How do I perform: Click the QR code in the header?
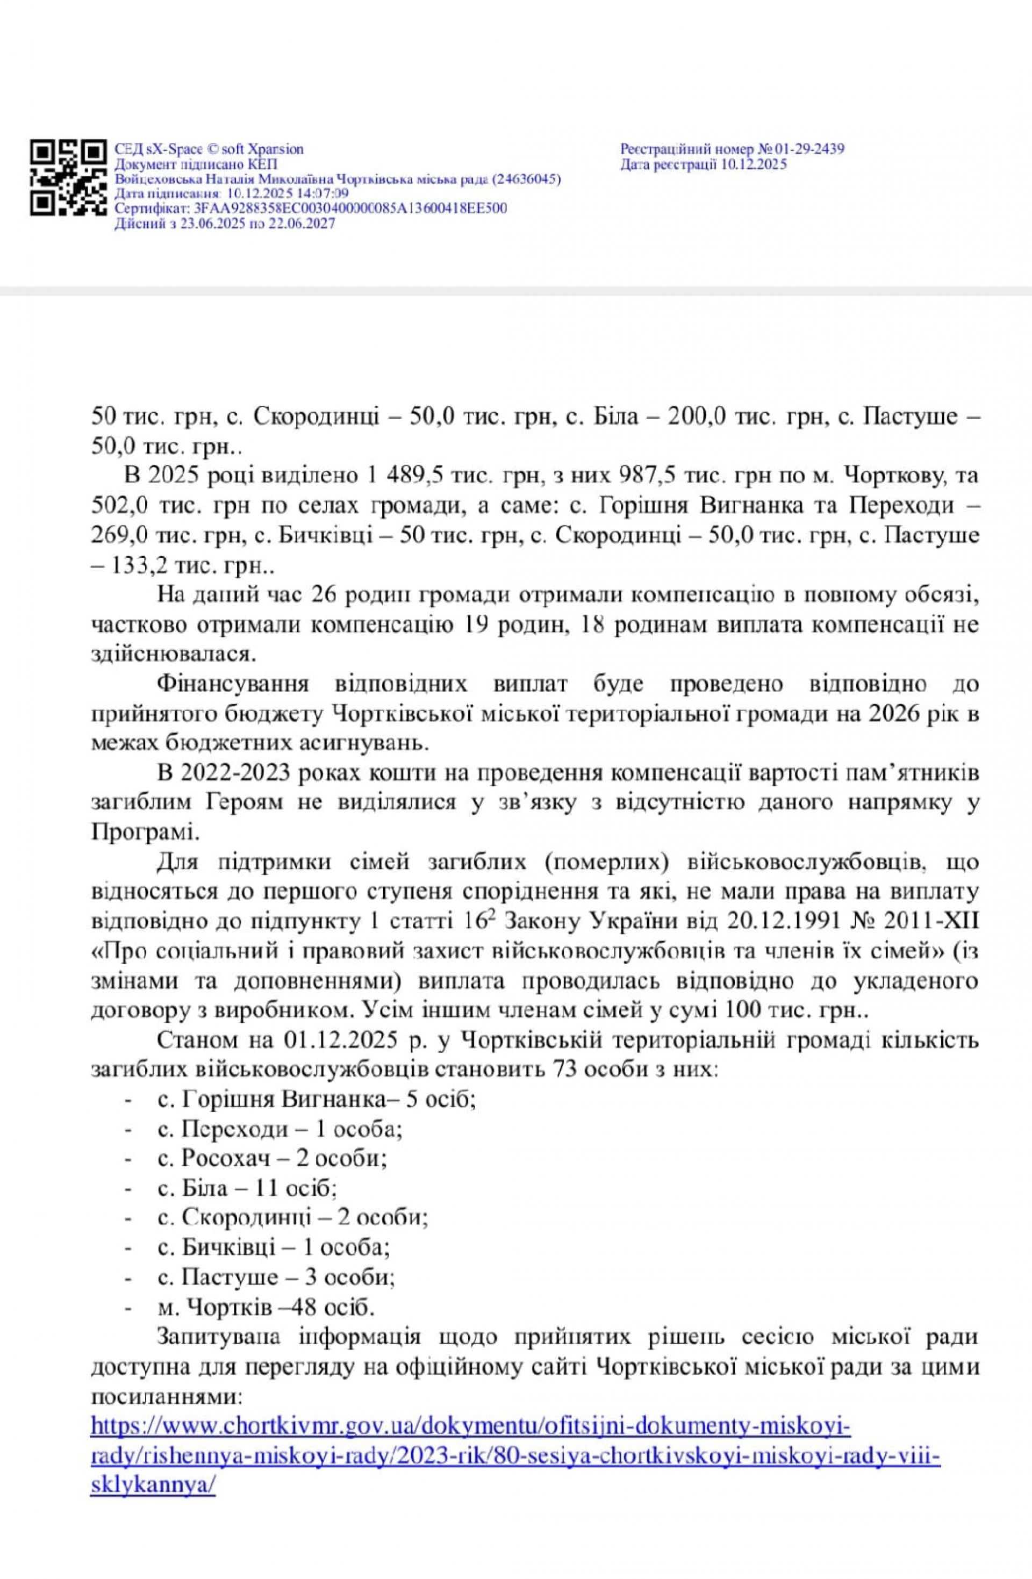point(68,177)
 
